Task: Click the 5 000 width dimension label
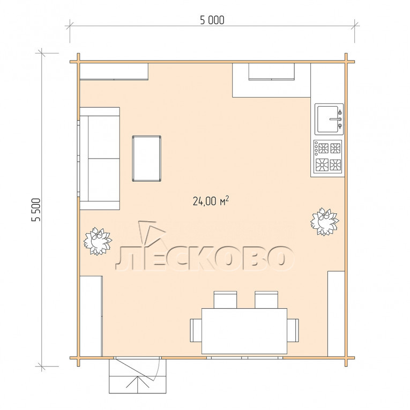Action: pos(212,20)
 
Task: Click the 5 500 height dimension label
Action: pos(36,210)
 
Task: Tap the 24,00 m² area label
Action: pos(211,201)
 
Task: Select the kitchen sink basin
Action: pos(329,119)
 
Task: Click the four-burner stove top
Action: pos(328,156)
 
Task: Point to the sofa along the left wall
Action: pos(100,158)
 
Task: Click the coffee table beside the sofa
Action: pos(147,159)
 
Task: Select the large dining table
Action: pos(244,331)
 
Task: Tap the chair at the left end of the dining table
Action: pos(196,330)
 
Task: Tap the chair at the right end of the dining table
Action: pos(293,330)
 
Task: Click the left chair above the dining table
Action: pos(226,300)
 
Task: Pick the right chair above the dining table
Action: pos(266,300)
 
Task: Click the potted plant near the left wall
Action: pos(98,241)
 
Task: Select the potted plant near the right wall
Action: pos(324,222)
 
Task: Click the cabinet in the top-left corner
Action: pos(114,71)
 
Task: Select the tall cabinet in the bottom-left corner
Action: pos(91,316)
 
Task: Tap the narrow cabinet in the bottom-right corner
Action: pos(336,314)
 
